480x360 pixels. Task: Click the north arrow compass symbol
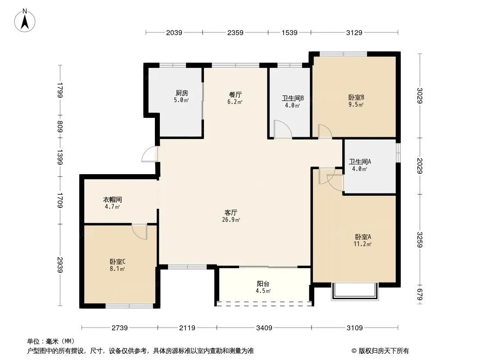click(x=25, y=20)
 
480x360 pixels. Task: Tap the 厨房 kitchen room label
click(x=182, y=93)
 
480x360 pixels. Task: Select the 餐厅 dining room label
click(x=235, y=95)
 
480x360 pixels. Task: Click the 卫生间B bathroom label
click(x=293, y=99)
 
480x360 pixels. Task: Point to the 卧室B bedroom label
click(x=356, y=98)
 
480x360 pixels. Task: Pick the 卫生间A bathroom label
click(x=360, y=162)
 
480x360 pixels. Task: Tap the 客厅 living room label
click(x=231, y=212)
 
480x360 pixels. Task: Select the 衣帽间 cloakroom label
click(x=113, y=200)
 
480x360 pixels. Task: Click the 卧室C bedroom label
click(x=118, y=262)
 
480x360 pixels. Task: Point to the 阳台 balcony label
click(x=263, y=284)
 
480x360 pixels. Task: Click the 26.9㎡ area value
click(x=231, y=220)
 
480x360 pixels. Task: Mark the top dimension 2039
click(x=174, y=32)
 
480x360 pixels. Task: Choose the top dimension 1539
click(x=290, y=32)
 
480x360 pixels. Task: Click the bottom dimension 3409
click(x=264, y=328)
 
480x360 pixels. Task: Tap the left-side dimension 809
click(x=60, y=127)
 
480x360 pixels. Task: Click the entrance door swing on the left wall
click(x=149, y=154)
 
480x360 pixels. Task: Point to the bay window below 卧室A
click(x=355, y=292)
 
